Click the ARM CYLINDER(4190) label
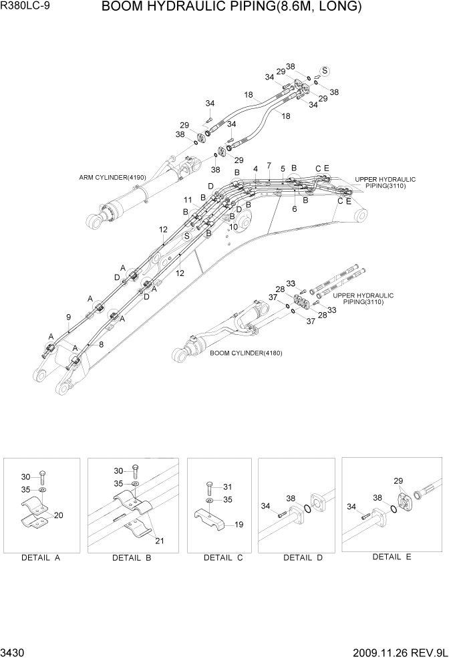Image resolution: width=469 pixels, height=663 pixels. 112,177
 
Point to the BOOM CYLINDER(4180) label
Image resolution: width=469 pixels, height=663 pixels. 246,353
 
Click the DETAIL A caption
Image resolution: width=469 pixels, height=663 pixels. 41,557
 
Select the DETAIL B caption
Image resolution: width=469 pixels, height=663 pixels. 132,557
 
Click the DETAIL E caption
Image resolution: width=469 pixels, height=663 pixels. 392,557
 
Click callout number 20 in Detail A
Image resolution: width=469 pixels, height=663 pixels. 58,515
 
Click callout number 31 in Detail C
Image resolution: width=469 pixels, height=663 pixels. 227,486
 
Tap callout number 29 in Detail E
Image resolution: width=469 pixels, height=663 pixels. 398,481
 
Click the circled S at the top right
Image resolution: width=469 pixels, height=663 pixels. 325,71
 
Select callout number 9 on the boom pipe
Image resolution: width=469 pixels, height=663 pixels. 69,317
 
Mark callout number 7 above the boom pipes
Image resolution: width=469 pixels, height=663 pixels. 269,165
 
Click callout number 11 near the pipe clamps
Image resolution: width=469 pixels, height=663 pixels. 188,200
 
